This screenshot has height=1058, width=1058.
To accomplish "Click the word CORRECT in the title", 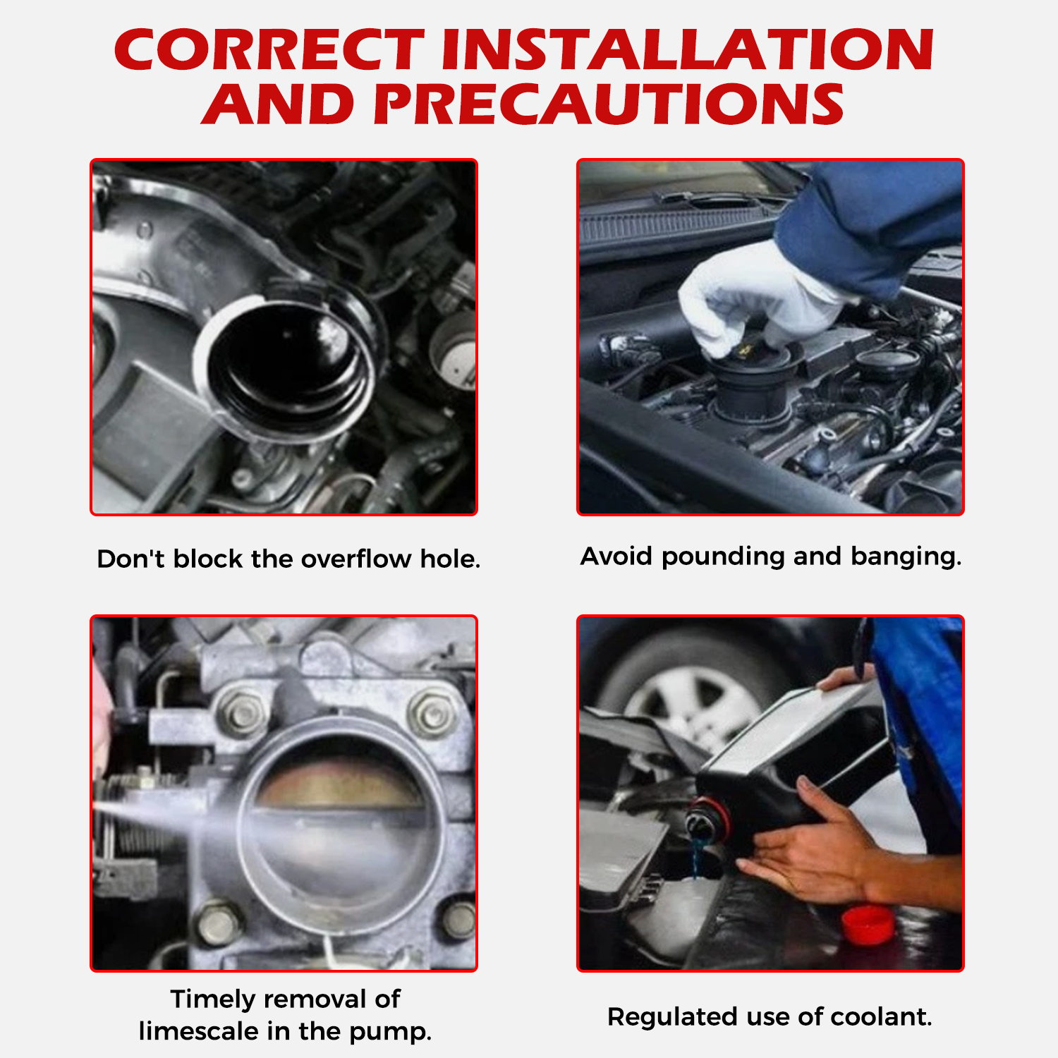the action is pos(269,50).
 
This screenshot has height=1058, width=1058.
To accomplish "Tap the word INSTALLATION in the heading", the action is pos(688,50).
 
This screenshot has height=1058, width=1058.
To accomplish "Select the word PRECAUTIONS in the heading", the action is pos(609,104).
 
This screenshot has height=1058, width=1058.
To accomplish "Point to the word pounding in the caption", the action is pos(723,557).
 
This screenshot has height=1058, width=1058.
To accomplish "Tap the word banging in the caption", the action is pos(906,557).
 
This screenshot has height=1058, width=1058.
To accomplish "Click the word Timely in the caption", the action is pos(213,999).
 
